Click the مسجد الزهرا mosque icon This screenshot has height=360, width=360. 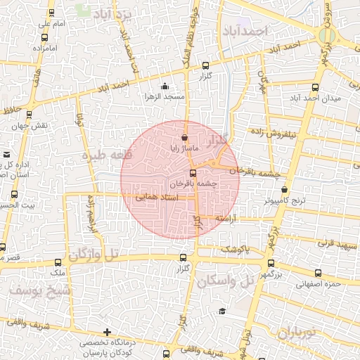[165, 86]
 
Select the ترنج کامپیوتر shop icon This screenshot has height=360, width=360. [284, 189]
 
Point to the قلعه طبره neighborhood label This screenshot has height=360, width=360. [102, 154]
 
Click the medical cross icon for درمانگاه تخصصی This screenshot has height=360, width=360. [107, 332]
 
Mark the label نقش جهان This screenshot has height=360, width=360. [27, 127]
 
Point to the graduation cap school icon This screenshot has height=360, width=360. [222, 311]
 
